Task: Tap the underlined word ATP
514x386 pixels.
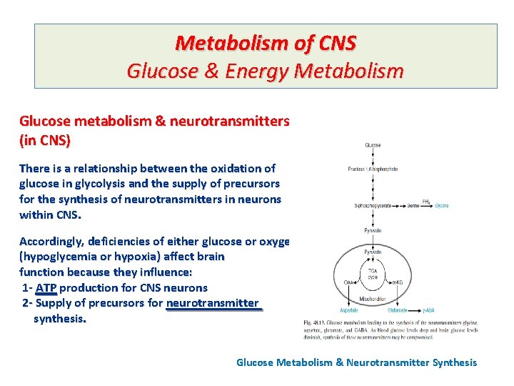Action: click(x=47, y=287)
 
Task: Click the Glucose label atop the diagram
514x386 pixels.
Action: click(x=373, y=145)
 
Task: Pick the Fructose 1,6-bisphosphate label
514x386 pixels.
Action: click(x=373, y=169)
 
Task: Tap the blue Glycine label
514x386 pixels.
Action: click(x=442, y=206)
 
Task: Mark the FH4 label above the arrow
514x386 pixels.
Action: click(x=426, y=201)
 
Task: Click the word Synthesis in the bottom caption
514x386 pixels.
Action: click(x=450, y=362)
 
